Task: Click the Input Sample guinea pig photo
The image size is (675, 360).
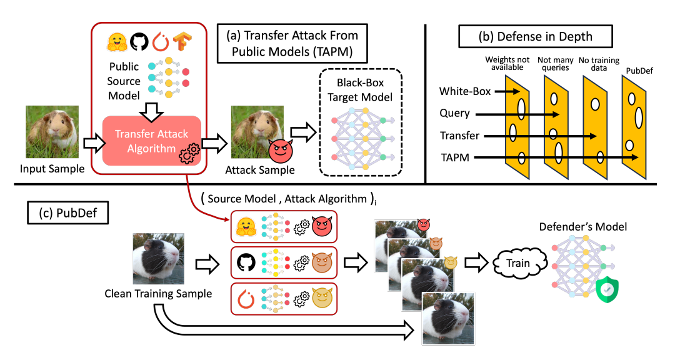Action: coord(52,132)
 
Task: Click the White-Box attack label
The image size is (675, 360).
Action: coord(465,91)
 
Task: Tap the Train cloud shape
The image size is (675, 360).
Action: coord(518,263)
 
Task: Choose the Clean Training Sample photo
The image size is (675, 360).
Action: coord(159,258)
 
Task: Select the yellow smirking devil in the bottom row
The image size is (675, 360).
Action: coord(321,297)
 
